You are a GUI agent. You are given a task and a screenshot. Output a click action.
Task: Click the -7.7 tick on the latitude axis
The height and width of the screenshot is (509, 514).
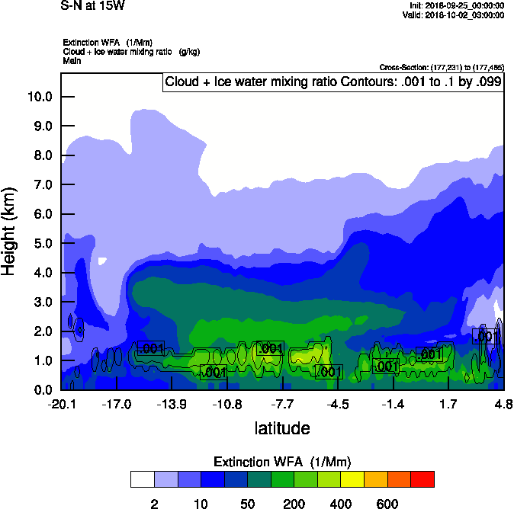coord(283,404)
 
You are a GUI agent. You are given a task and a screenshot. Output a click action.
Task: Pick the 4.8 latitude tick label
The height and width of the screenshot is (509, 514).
coord(503,404)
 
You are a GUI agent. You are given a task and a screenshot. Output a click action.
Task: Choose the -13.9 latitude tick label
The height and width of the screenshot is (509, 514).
coord(173,404)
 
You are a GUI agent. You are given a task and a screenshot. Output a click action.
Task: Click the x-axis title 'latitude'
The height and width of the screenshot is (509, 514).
coord(282,428)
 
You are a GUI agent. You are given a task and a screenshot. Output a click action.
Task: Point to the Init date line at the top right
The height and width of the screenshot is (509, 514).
coord(456,5)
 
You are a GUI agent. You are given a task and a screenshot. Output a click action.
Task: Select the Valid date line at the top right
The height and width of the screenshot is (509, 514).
coord(453,14)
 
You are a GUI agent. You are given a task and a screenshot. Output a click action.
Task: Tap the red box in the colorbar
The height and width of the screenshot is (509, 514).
coord(422,479)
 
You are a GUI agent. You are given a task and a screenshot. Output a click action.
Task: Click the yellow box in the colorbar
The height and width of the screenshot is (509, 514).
coord(352,479)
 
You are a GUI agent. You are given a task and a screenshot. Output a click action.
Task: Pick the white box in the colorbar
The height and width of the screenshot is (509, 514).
coord(142,479)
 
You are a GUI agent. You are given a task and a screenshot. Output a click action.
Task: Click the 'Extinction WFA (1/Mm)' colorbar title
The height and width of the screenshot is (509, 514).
coord(282,462)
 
